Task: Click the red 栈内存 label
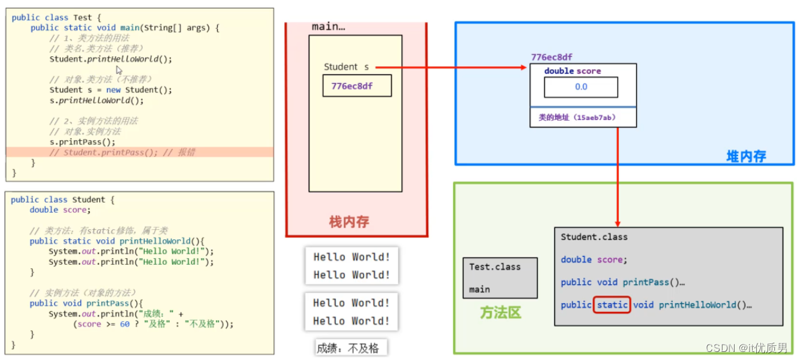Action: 349,222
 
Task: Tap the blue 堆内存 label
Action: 745,157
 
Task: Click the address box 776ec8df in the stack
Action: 357,86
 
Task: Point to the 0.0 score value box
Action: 580,87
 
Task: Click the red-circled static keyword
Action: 612,305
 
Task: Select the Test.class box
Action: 499,278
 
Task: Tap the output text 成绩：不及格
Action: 351,348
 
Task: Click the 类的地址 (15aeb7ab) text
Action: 577,117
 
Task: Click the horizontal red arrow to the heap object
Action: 449,67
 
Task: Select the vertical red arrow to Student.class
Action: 617,178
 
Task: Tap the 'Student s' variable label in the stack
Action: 346,67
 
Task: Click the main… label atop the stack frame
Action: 328,27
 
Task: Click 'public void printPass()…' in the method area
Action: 622,282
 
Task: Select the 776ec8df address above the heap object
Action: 551,58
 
